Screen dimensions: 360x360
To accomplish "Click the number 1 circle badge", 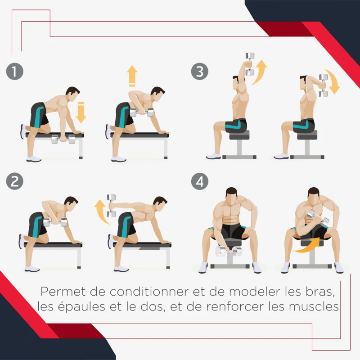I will (x=15, y=72).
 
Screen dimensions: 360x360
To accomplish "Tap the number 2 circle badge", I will (x=15, y=181).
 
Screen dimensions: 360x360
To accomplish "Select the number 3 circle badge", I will (x=199, y=72).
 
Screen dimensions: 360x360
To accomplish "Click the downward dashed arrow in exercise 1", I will (x=81, y=112).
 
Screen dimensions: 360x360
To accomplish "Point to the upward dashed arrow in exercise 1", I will (x=132, y=76).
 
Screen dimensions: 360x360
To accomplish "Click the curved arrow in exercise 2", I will (x=100, y=212).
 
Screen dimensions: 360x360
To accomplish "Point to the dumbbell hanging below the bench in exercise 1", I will (x=63, y=139).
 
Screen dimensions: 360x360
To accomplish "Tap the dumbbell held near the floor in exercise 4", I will (x=228, y=251).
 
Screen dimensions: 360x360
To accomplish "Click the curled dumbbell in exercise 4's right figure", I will (x=318, y=221).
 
